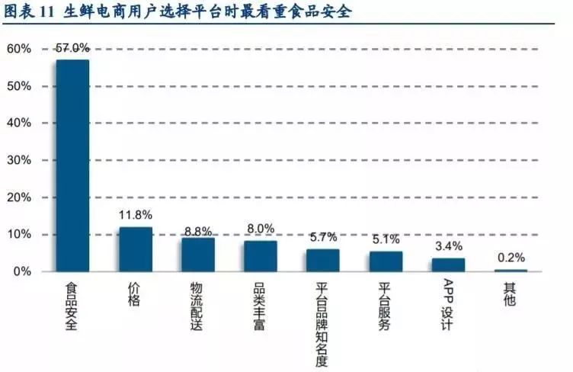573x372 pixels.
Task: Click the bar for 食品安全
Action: [x=72, y=165]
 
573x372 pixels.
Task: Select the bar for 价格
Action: [x=135, y=249]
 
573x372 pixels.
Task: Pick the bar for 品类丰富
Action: [x=261, y=256]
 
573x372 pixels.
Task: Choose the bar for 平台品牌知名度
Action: [x=323, y=260]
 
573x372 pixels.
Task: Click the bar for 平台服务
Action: [x=386, y=261]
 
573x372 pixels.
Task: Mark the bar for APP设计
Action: [x=448, y=265]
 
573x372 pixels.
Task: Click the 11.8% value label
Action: [x=135, y=216]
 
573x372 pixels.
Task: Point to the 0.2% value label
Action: [x=511, y=258]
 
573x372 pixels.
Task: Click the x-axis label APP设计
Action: [x=447, y=306]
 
